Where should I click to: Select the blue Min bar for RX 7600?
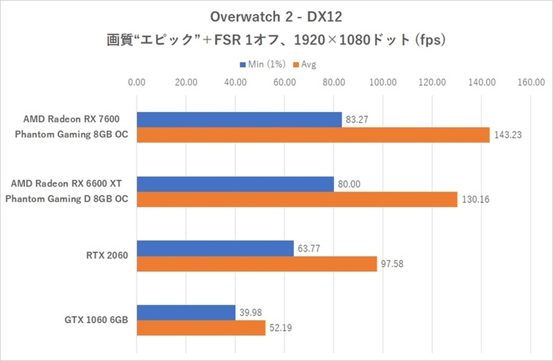[x=239, y=120]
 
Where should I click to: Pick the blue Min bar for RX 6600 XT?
[x=235, y=184]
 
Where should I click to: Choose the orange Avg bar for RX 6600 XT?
[x=297, y=199]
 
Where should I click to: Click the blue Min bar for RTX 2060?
[x=215, y=248]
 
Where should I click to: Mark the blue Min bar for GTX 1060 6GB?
[x=186, y=313]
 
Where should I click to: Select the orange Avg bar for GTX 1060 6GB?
[x=201, y=328]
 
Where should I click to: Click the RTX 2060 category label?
[x=113, y=256]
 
